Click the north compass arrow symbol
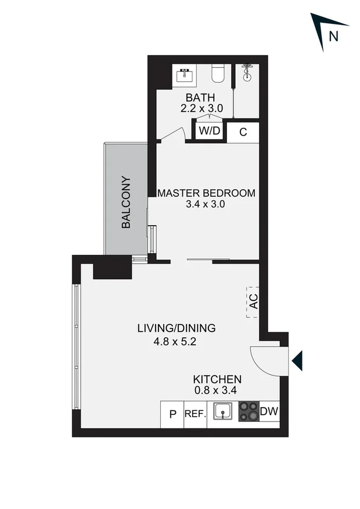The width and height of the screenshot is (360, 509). click(x=322, y=29)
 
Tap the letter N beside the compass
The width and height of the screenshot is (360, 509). click(x=333, y=36)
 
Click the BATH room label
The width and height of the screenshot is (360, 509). click(x=200, y=97)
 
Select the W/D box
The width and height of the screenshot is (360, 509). click(x=210, y=131)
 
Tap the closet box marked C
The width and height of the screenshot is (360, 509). click(x=243, y=132)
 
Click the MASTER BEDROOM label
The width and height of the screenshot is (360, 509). click(x=206, y=193)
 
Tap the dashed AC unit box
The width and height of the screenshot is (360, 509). click(x=253, y=302)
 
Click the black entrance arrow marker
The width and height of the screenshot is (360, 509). click(x=297, y=360)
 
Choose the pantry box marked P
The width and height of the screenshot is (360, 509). click(x=172, y=414)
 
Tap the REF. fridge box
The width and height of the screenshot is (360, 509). click(x=195, y=414)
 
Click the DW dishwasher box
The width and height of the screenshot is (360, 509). click(x=269, y=411)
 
